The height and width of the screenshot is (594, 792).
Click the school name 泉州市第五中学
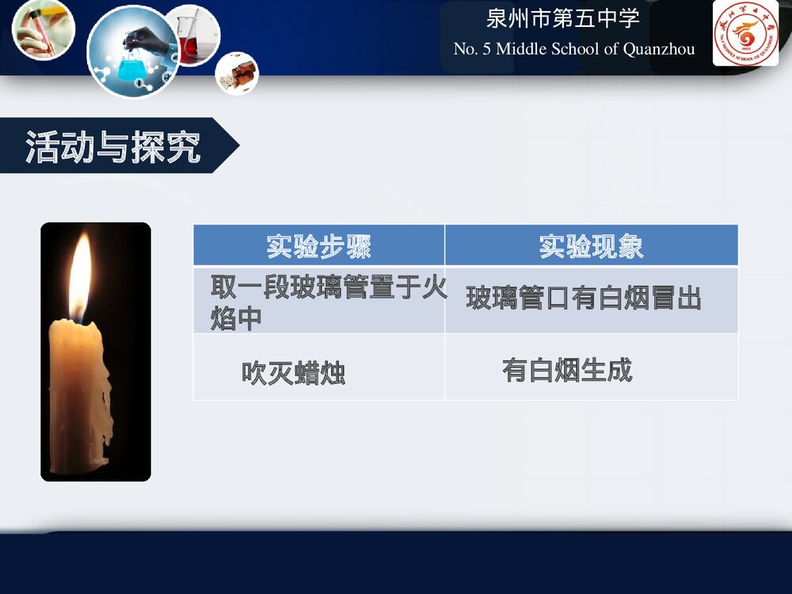click(x=562, y=20)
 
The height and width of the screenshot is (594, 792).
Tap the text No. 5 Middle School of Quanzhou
click(x=574, y=49)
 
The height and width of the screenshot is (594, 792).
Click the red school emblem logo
click(x=745, y=34)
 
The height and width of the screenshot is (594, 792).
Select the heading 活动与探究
click(x=113, y=147)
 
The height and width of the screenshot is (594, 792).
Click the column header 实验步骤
click(x=318, y=246)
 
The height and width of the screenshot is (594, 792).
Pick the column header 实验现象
click(x=591, y=246)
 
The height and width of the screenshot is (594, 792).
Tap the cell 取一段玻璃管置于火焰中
click(x=318, y=302)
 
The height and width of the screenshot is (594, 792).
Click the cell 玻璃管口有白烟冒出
click(x=584, y=299)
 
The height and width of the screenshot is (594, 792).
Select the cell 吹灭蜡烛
click(x=294, y=372)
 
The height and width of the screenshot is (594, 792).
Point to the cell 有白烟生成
click(x=567, y=370)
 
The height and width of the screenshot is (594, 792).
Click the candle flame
click(x=80, y=273)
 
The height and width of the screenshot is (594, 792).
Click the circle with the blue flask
click(x=132, y=51)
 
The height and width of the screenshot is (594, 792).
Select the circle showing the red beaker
click(x=192, y=34)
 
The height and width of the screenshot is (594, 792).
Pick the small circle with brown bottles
click(x=238, y=72)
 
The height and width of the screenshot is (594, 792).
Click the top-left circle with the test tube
click(x=44, y=29)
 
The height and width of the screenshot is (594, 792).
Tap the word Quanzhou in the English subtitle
click(x=659, y=49)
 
